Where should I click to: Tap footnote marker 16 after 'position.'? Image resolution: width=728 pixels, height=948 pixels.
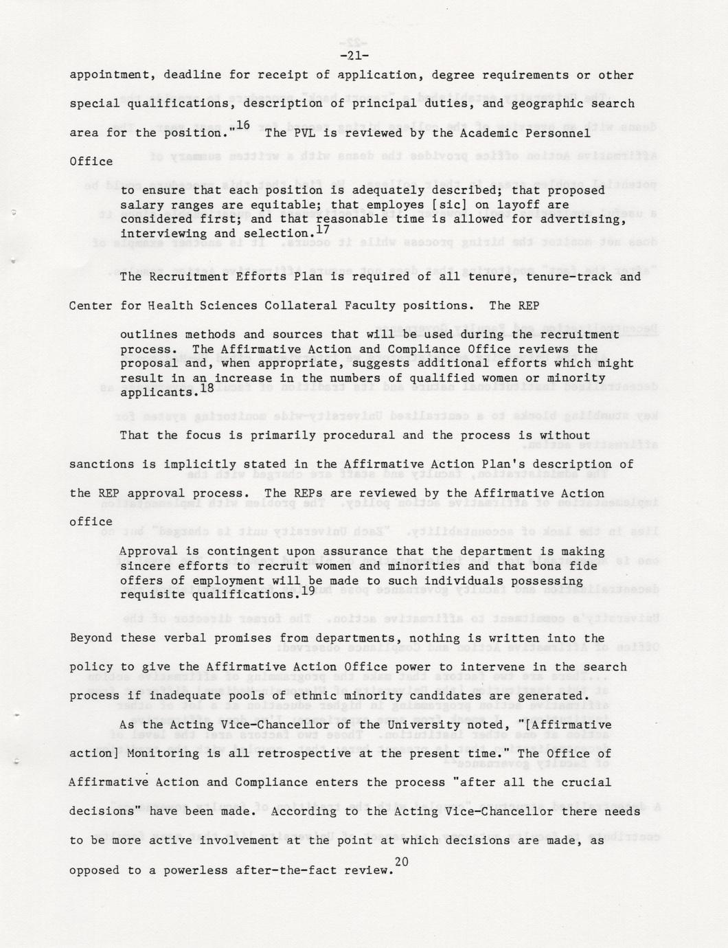click(x=242, y=125)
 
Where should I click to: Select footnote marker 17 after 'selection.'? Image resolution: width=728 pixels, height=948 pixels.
click(x=322, y=230)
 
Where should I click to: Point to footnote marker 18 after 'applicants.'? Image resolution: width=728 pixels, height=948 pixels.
click(x=207, y=388)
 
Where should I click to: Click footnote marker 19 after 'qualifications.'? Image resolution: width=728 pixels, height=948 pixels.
click(x=308, y=590)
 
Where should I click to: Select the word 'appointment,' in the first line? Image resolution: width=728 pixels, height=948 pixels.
click(x=109, y=75)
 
